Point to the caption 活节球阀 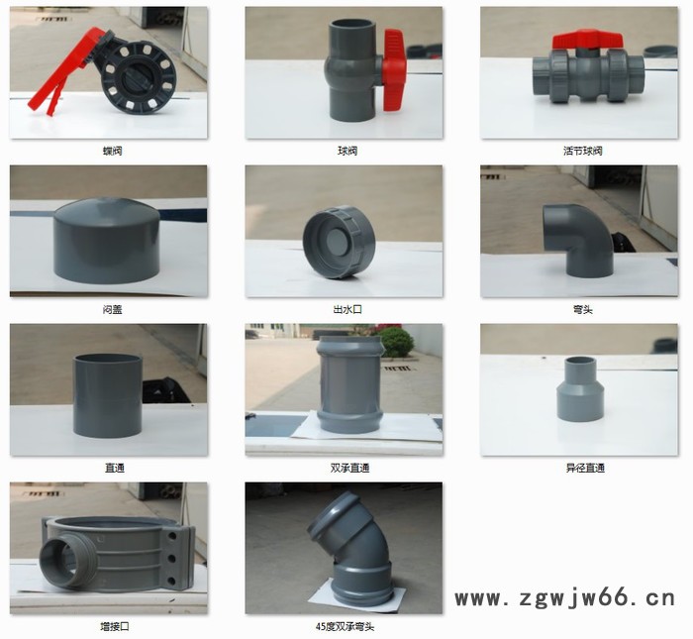pyautogui.click(x=581, y=151)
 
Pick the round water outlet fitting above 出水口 pyautogui.click(x=340, y=241)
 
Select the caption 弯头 pyautogui.click(x=581, y=309)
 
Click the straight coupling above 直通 pyautogui.click(x=107, y=394)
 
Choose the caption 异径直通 pyautogui.click(x=581, y=468)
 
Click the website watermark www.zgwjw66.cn pyautogui.click(x=564, y=598)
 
